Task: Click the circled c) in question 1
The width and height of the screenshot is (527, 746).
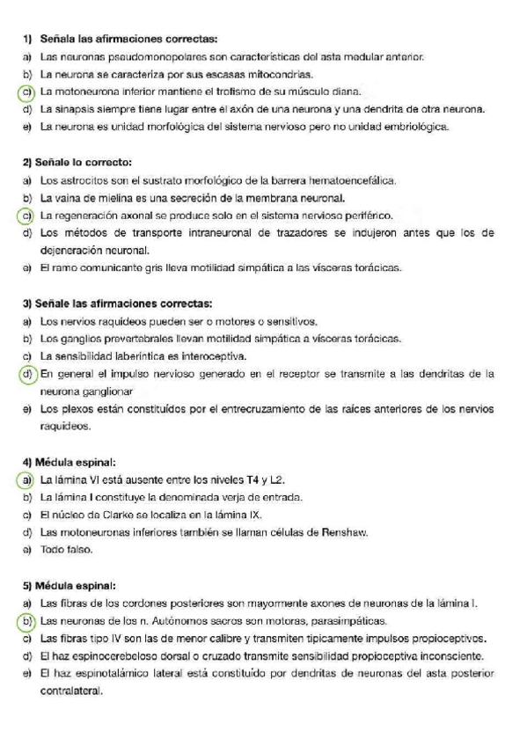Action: [27, 91]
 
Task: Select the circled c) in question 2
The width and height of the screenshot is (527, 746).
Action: [27, 215]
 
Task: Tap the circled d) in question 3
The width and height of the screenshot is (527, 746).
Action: [27, 374]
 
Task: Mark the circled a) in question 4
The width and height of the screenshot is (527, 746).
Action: [27, 479]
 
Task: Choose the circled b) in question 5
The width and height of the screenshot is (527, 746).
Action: [27, 621]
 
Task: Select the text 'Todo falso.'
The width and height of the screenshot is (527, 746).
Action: [66, 550]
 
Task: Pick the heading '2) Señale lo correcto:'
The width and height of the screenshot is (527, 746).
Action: [77, 163]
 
